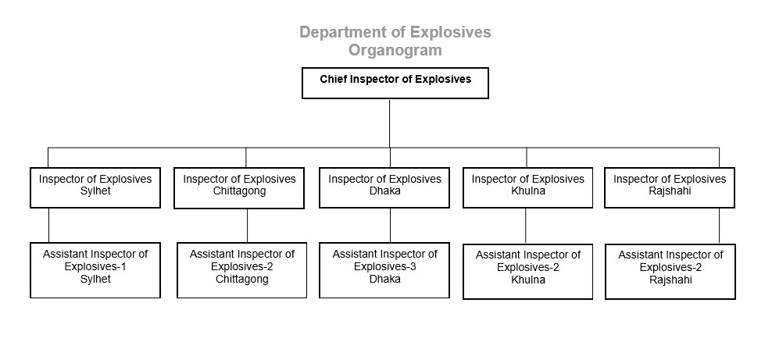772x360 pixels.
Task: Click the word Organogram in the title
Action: point(395,50)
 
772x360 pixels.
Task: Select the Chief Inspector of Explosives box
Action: point(395,83)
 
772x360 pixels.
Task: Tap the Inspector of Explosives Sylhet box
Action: point(95,187)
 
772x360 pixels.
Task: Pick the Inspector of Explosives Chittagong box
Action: point(239,188)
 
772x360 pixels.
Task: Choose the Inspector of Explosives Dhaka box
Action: point(384,187)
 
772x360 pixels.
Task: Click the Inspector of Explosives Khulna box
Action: point(527,187)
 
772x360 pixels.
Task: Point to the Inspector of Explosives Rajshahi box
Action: point(670,187)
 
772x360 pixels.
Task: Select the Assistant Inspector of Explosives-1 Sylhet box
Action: point(95,270)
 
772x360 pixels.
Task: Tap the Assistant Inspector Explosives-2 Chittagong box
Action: point(241,270)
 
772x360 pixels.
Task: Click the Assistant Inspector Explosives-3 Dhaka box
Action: point(384,270)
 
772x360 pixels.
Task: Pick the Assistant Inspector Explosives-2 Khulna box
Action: point(527,271)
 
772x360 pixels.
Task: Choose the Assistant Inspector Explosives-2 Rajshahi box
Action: point(670,271)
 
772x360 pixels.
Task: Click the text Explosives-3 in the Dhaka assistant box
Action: point(385,267)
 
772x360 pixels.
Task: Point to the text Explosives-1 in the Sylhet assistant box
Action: point(95,267)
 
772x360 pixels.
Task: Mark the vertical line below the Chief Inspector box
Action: point(390,123)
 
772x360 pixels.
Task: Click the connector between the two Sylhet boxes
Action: point(48,225)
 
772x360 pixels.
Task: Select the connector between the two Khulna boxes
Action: point(525,226)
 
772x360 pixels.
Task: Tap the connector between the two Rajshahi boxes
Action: point(720,226)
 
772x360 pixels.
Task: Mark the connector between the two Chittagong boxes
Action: point(247,225)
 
